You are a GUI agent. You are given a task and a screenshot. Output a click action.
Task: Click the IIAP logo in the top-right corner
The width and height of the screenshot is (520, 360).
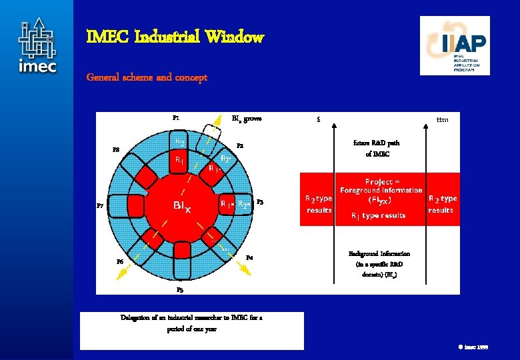tap(455, 45)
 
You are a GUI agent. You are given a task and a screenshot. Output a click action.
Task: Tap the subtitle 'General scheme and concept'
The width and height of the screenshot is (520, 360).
tap(147, 77)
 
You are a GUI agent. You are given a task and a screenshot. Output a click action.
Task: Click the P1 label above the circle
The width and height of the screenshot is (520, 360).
tap(176, 118)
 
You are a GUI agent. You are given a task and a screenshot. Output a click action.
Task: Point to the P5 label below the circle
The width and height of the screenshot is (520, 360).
tap(180, 290)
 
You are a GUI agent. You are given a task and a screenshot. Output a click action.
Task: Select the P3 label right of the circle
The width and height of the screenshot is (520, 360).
tap(260, 202)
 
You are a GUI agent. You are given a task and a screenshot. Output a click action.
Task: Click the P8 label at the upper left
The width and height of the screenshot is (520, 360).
tap(116, 150)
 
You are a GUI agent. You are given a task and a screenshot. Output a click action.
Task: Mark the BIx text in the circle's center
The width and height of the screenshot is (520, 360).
tap(182, 207)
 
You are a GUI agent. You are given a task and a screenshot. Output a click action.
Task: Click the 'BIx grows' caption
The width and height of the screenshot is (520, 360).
tap(247, 119)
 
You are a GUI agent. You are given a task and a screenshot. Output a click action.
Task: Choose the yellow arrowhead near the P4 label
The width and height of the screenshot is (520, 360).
tap(245, 269)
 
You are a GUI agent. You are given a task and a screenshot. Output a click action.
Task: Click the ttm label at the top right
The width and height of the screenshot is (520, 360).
tap(442, 120)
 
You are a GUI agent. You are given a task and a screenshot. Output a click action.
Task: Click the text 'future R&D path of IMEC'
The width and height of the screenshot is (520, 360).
tap(377, 148)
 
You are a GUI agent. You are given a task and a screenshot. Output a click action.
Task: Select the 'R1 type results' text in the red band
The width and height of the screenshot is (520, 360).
tap(378, 215)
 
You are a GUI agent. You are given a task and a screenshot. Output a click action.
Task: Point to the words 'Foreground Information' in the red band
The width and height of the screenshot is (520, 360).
tap(381, 190)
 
